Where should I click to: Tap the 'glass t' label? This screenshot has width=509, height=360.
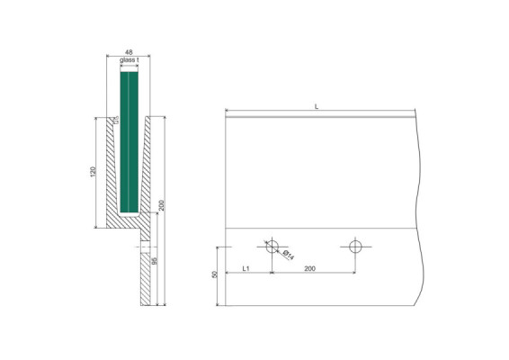[129, 61]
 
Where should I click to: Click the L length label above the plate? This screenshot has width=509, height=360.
[316, 107]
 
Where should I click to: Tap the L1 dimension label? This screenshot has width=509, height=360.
[246, 269]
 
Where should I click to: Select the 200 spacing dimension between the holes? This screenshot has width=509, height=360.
[309, 269]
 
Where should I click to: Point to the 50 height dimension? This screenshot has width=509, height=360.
[215, 274]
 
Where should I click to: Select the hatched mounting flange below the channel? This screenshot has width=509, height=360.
[145, 274]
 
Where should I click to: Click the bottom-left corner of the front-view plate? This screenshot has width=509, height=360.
[225, 304]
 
